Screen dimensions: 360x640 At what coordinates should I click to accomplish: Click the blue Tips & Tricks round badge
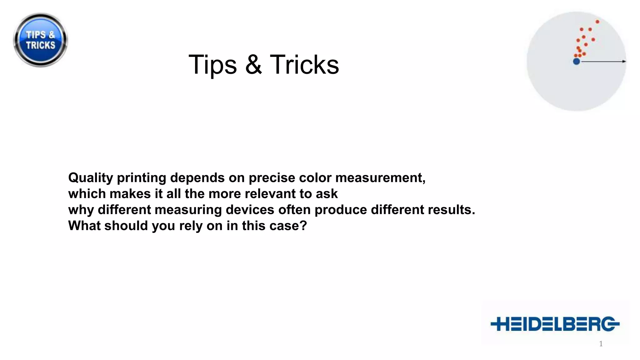pyautogui.click(x=40, y=40)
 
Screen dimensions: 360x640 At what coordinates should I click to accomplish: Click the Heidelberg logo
pyautogui.click(x=555, y=324)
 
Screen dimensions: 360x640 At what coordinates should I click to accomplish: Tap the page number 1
pyautogui.click(x=601, y=344)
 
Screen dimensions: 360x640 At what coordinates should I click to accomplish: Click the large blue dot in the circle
pyautogui.click(x=577, y=61)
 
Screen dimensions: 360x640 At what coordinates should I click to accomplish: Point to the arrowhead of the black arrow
pyautogui.click(x=624, y=61)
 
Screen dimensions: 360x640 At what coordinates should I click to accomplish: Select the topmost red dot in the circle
pyautogui.click(x=597, y=22)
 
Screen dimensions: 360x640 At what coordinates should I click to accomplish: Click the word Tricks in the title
pyautogui.click(x=304, y=65)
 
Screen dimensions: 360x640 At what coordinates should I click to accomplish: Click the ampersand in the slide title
pyautogui.click(x=253, y=65)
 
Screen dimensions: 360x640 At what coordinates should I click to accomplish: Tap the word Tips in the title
pyautogui.click(x=213, y=65)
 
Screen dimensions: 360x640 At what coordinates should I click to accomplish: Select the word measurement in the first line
pyautogui.click(x=380, y=178)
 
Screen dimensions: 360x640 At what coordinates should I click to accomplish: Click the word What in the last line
pyautogui.click(x=84, y=226)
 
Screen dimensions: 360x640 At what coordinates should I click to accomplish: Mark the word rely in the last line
pyautogui.click(x=191, y=226)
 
